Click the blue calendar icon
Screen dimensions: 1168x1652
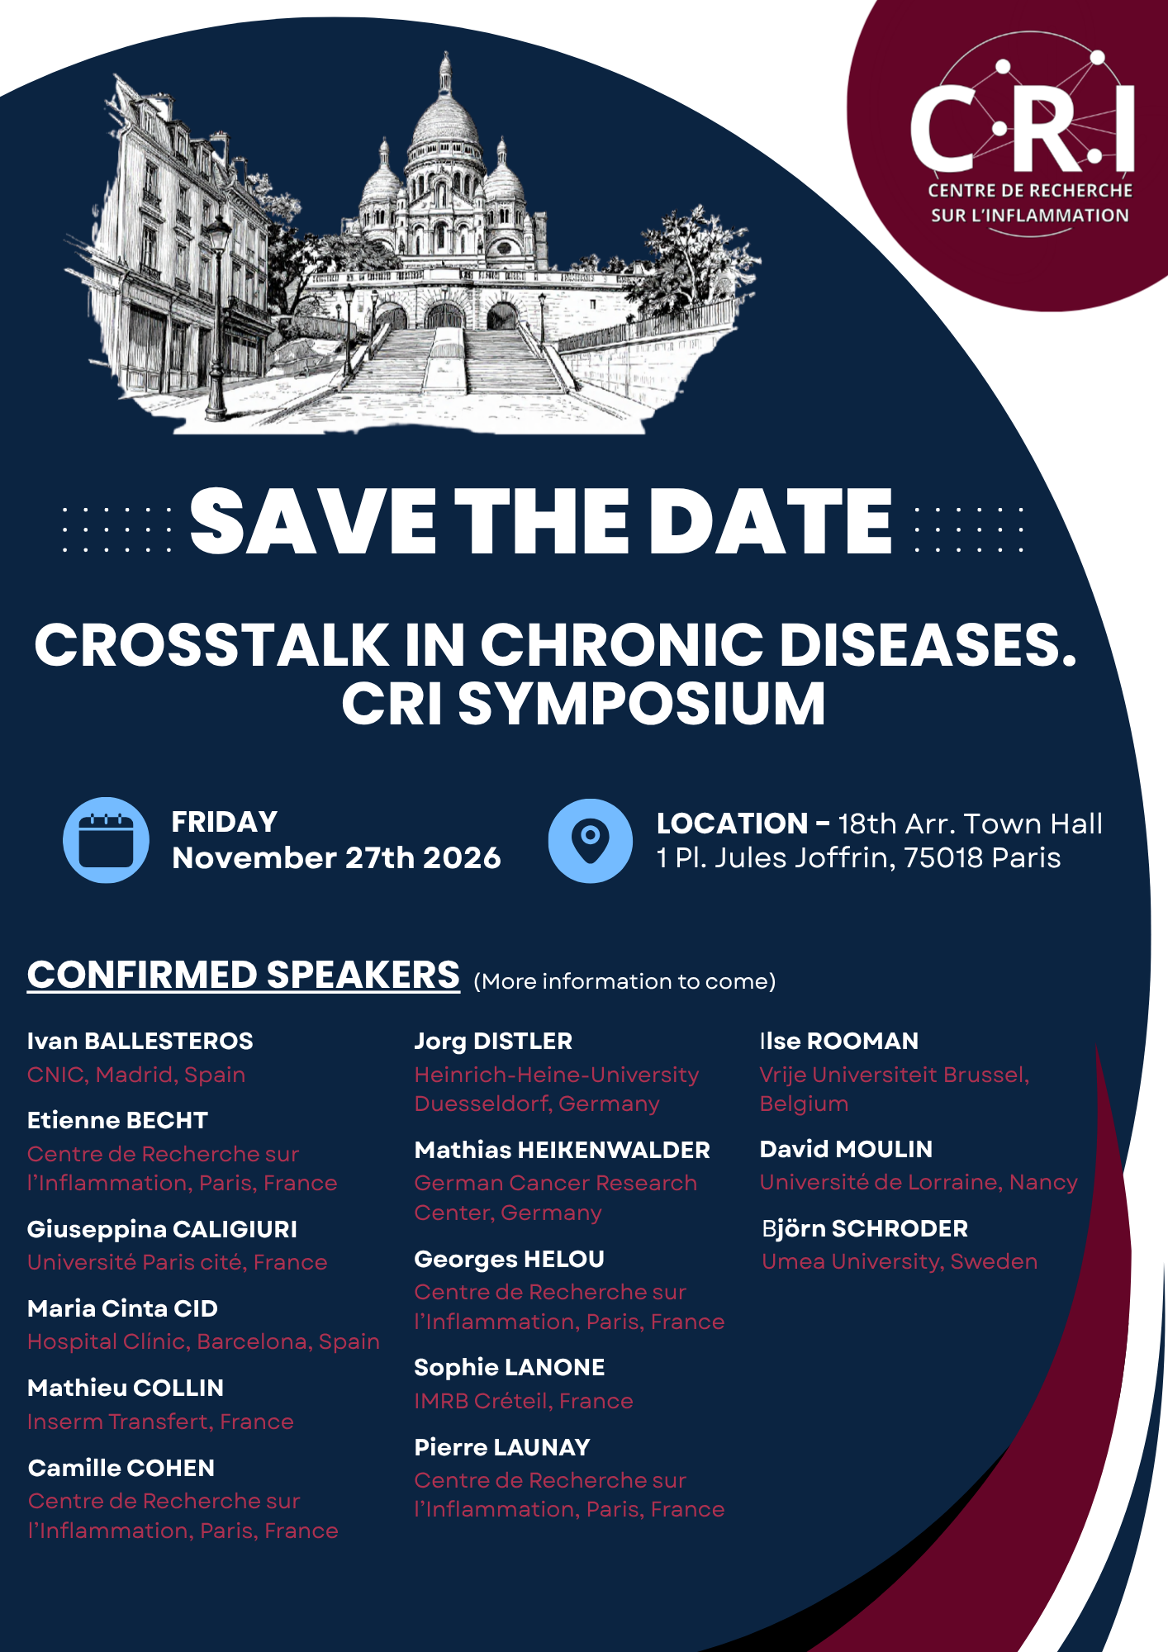[x=106, y=840]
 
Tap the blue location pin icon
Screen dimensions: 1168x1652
[x=590, y=840]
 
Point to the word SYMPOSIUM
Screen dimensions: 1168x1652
[x=642, y=704]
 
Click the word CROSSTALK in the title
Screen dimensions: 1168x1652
[x=211, y=644]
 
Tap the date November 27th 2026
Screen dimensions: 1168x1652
[x=336, y=858]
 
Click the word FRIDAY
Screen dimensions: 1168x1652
[x=225, y=822]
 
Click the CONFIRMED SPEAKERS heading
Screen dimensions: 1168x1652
[x=244, y=975]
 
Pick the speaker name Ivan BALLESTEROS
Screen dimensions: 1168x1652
[x=140, y=1041]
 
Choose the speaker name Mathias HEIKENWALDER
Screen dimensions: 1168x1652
[x=563, y=1150]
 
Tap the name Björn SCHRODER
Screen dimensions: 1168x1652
[x=865, y=1228]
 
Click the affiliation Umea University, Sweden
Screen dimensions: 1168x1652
[x=900, y=1261]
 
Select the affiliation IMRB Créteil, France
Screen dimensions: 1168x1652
[x=524, y=1401]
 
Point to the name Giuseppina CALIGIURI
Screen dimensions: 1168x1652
[x=163, y=1229]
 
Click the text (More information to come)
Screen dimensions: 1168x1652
[x=624, y=981]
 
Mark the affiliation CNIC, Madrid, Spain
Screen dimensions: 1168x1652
[x=136, y=1075]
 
